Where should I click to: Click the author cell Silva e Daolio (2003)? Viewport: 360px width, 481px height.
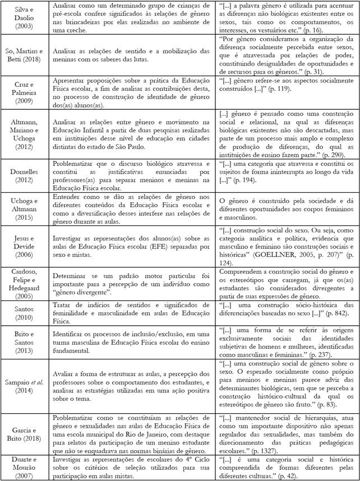point(22,18)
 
